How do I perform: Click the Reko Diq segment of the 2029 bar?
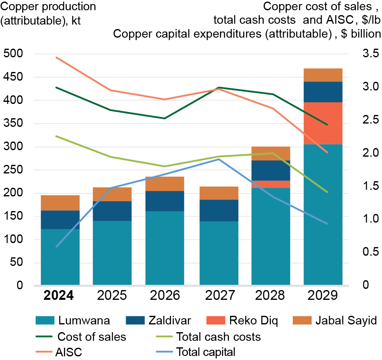coord(323,123)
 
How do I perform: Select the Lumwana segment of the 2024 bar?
coord(60,256)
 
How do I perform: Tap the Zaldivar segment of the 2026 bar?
coord(165,201)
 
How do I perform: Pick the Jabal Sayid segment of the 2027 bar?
coord(219,193)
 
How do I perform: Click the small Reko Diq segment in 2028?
coord(271,184)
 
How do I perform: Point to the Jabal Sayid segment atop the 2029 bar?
coord(323,75)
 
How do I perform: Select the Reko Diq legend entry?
coord(237,321)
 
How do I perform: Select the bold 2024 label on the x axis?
coord(59,295)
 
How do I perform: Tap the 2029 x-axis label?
coord(323,295)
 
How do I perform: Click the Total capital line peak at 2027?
coord(219,159)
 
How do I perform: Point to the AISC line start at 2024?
coord(57,58)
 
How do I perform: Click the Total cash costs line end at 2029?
coord(327,192)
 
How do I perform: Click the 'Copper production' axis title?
coord(48,7)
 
